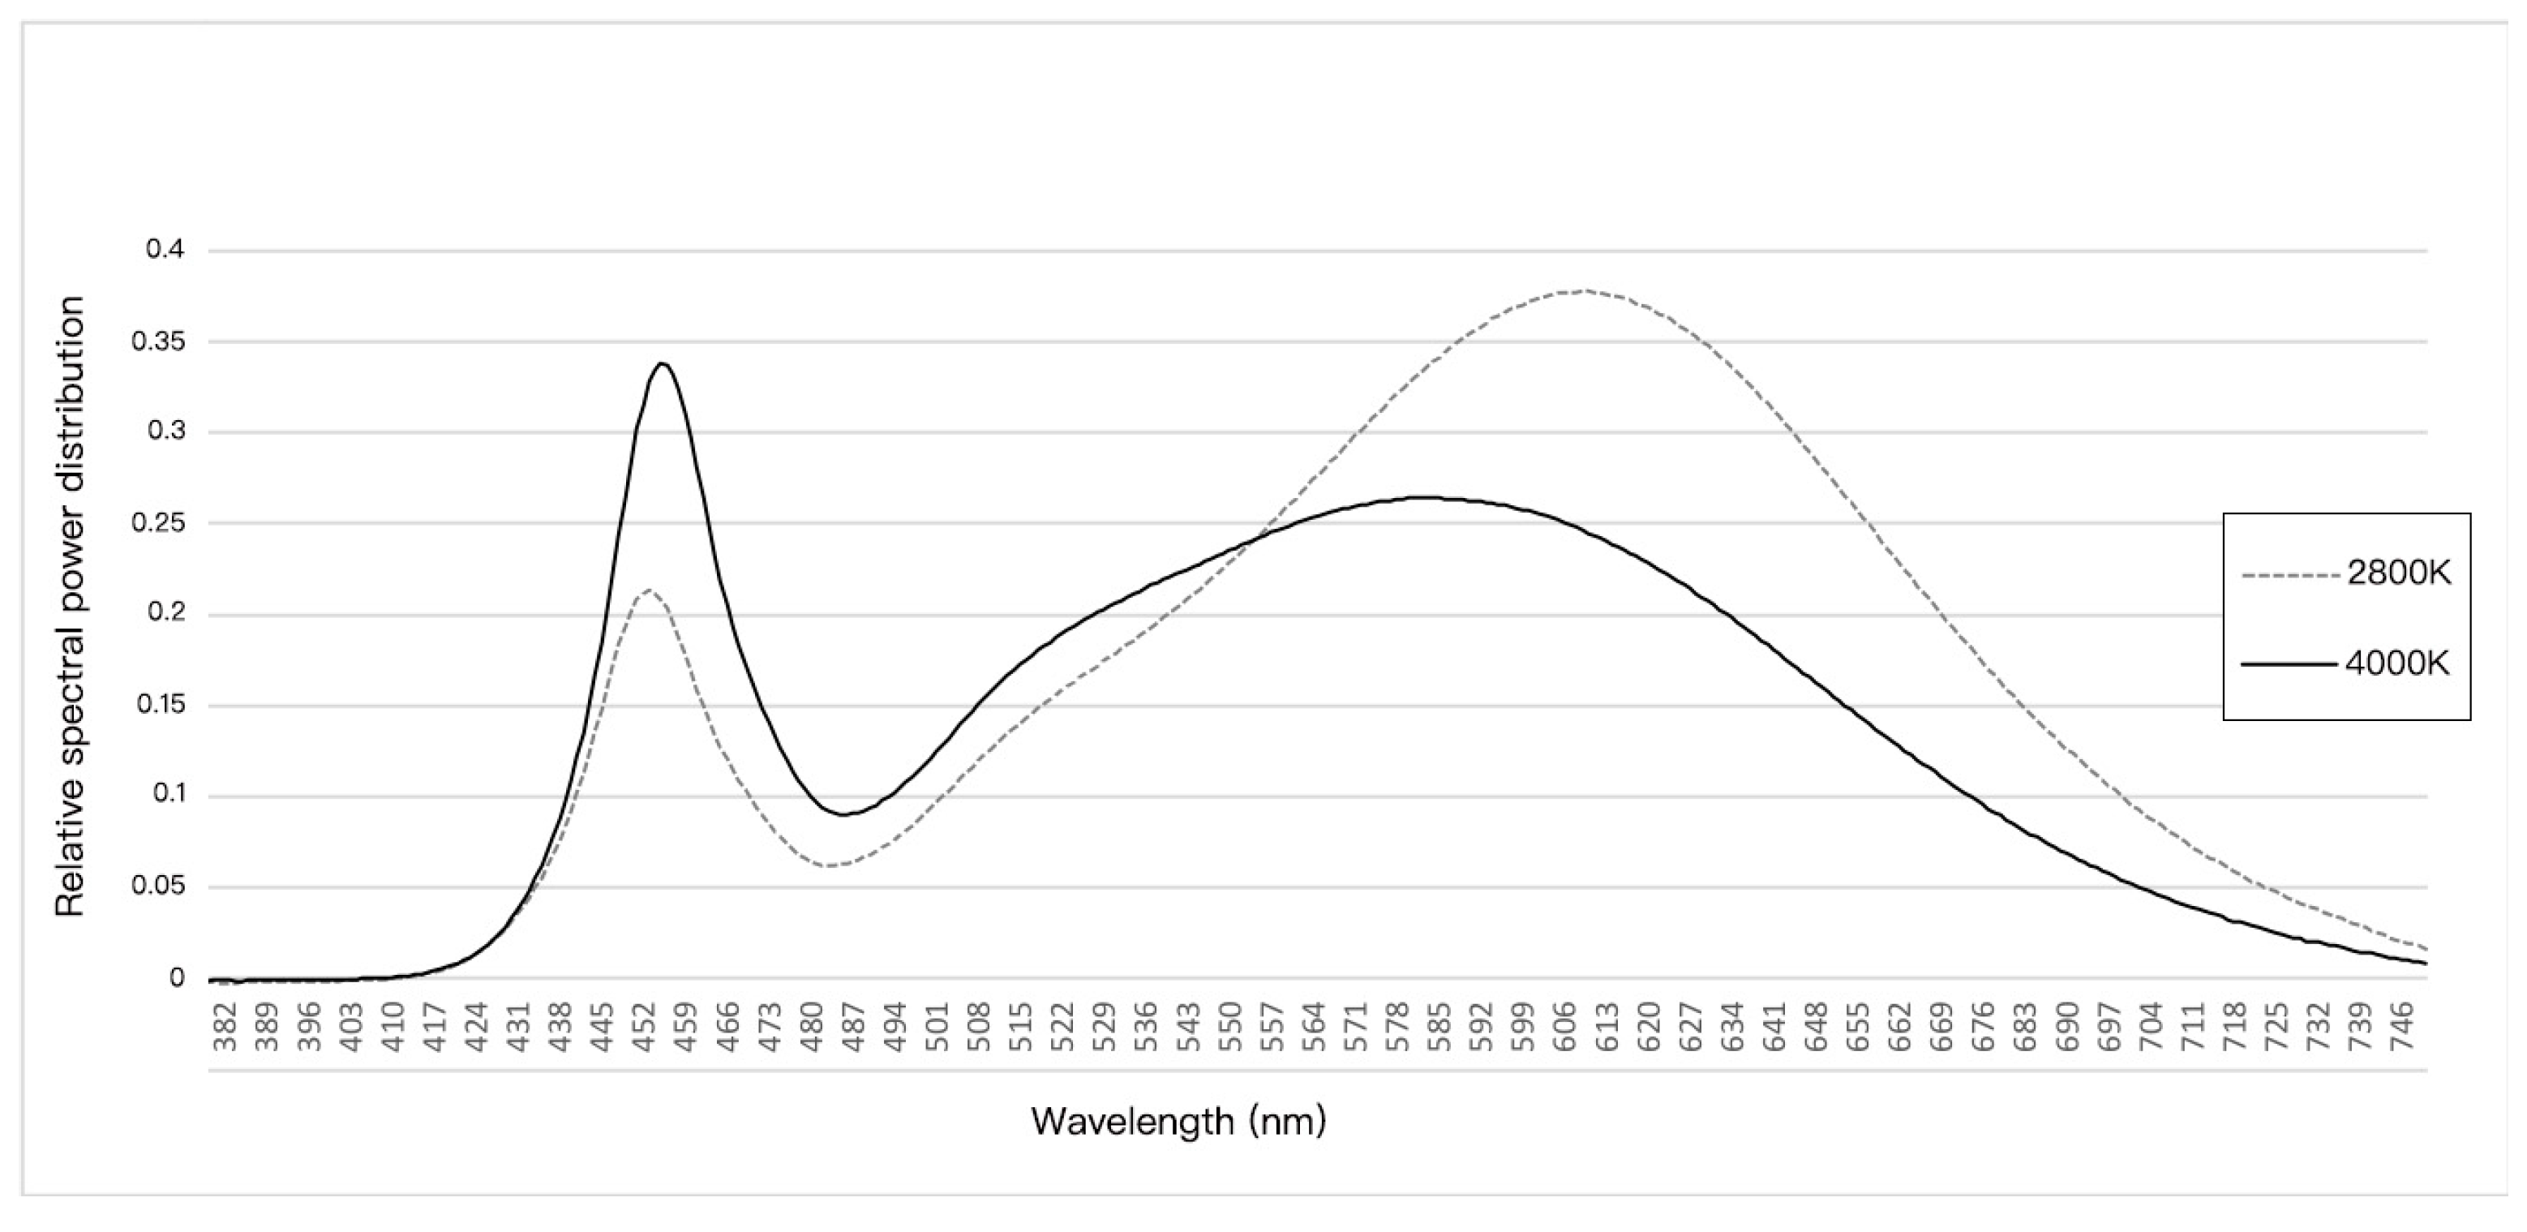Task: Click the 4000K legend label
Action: tap(2397, 664)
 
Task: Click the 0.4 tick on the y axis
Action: tap(165, 250)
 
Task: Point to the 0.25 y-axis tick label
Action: tap(158, 523)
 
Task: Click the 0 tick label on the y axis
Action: tap(177, 978)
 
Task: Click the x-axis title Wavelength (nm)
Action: tap(1178, 1120)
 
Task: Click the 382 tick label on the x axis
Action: tap(225, 1026)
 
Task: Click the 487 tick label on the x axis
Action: tap(853, 1026)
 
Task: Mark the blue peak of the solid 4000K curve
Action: tap(663, 364)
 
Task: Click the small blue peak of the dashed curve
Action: tap(647, 590)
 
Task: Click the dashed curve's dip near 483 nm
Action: tap(830, 865)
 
